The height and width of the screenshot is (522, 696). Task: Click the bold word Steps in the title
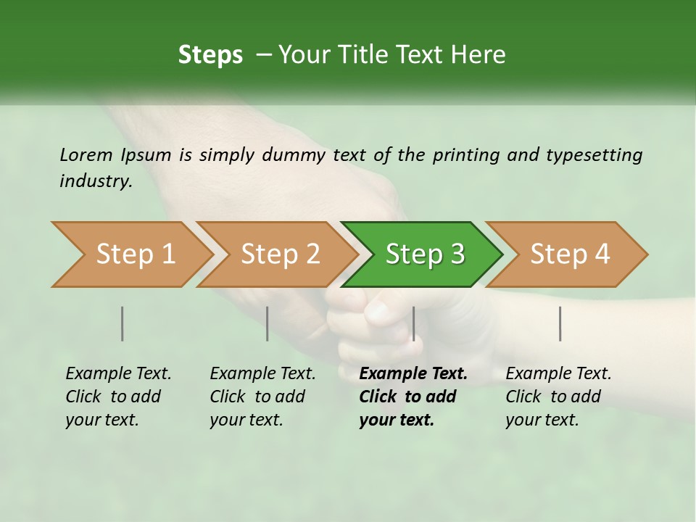point(210,55)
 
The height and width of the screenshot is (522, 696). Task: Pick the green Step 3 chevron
point(425,254)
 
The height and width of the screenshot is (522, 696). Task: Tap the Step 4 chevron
point(570,254)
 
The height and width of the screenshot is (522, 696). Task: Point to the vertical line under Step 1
point(123,323)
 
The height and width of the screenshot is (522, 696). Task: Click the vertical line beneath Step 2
point(268,323)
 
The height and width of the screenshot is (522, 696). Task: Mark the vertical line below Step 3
point(413,323)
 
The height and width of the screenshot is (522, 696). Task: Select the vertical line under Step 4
point(560,323)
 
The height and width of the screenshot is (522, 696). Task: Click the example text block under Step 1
point(118,397)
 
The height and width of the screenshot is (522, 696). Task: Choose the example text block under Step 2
point(262,397)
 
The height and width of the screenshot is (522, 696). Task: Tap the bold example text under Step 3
point(413,397)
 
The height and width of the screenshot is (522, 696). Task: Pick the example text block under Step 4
point(558,397)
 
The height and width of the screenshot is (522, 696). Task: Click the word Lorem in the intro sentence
point(86,155)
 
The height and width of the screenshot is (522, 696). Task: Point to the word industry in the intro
point(96,181)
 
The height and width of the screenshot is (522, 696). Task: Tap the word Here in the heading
point(479,55)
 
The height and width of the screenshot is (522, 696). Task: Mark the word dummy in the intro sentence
point(293,155)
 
